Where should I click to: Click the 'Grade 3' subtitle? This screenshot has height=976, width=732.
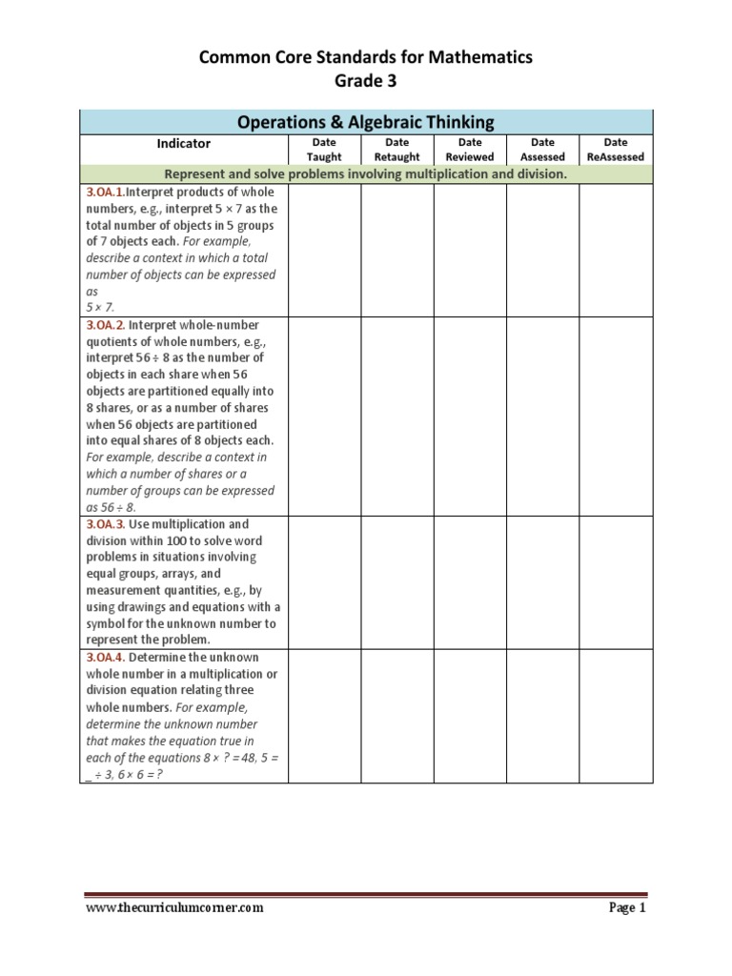point(365,81)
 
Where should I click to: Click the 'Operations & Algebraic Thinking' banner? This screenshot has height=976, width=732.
point(366,122)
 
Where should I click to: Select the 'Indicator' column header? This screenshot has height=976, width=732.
point(184,144)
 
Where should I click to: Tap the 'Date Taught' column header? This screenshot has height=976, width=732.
point(324,150)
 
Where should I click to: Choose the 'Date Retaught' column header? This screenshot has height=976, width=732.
point(397,150)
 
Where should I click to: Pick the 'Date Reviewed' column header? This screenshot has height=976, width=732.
point(470,150)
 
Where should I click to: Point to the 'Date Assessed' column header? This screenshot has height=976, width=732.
point(542,150)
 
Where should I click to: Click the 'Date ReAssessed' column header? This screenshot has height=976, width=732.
point(616,150)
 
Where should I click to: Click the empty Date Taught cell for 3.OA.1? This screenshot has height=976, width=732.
point(324,250)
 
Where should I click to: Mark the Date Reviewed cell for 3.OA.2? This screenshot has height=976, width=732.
point(470,416)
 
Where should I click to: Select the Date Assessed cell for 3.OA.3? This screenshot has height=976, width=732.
point(542,582)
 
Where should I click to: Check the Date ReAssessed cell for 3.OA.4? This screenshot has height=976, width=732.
point(616,716)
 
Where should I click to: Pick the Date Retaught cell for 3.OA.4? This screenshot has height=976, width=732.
point(397,716)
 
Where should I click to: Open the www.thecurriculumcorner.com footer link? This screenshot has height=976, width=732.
point(174,908)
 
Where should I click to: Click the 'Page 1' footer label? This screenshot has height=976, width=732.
point(627,908)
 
